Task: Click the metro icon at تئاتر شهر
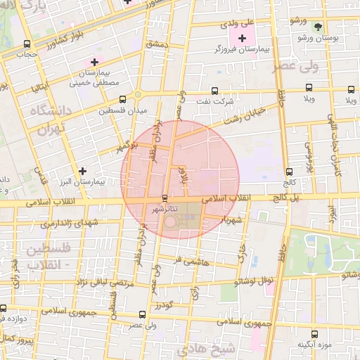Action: coord(165,198)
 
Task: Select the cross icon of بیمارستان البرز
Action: coord(84,171)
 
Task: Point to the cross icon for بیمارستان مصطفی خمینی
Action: coord(95,63)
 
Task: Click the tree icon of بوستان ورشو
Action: coord(319,25)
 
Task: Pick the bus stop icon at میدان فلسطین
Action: coord(123,99)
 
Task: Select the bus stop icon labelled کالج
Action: coord(290,172)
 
